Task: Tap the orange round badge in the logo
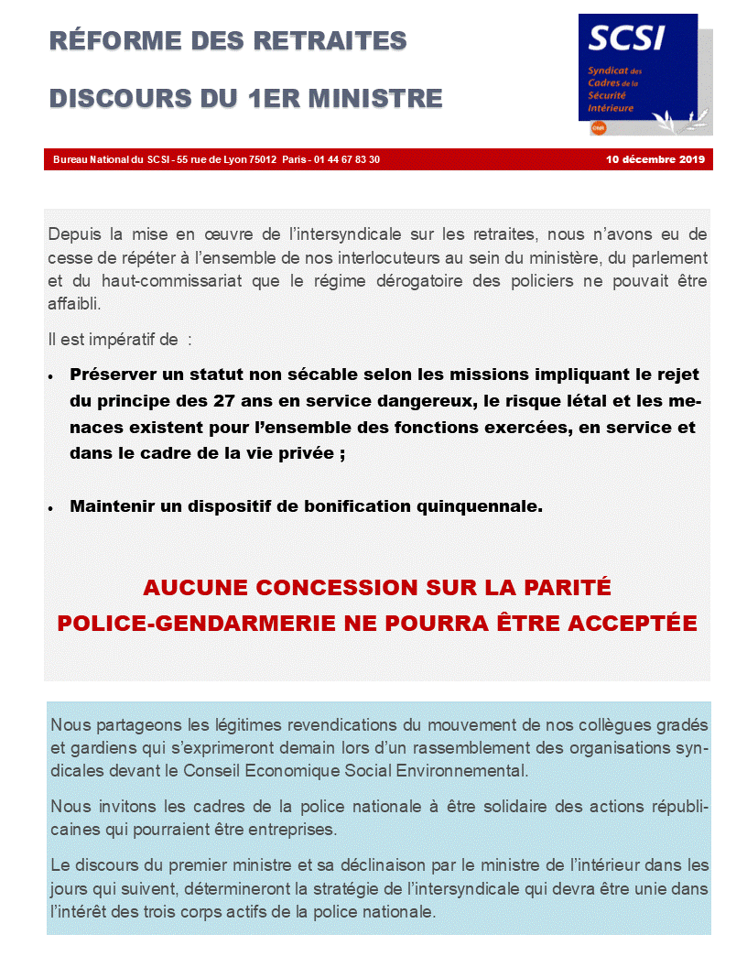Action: click(599, 129)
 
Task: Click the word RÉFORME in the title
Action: click(109, 41)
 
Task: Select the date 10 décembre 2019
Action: click(655, 159)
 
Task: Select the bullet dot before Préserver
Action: click(51, 376)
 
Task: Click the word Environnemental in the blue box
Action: click(469, 770)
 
